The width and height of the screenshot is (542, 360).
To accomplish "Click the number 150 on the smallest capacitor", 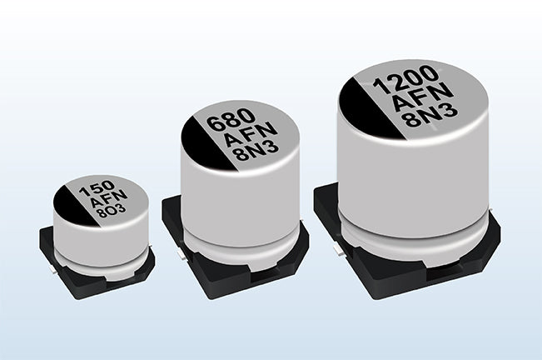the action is pos(97,189).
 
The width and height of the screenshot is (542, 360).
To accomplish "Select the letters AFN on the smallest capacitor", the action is pos(108,199).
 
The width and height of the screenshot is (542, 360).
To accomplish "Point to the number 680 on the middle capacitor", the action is pos(231,119).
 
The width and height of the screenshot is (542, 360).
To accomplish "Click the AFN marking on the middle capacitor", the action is pos(250,135).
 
